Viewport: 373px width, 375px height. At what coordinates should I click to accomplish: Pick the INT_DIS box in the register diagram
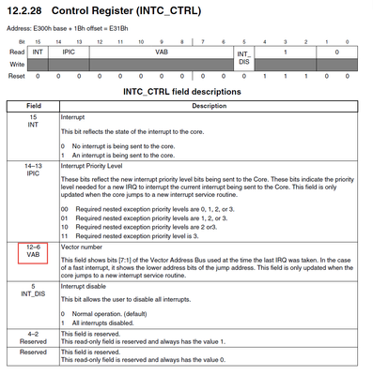242,58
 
